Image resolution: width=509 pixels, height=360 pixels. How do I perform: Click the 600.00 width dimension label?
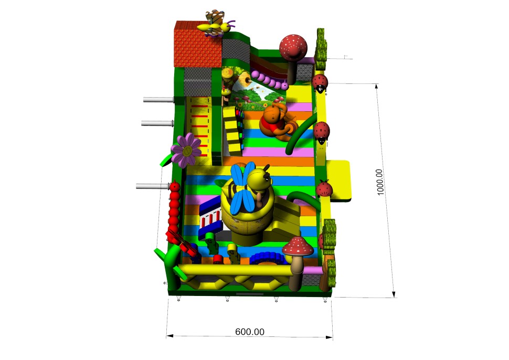[x=250, y=332]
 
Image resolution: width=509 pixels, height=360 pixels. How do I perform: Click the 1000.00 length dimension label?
[x=380, y=182]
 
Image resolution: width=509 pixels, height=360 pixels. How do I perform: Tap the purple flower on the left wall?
[x=186, y=150]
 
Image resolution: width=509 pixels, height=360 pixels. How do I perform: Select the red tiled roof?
[x=198, y=44]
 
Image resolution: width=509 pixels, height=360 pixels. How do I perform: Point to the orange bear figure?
[x=276, y=122]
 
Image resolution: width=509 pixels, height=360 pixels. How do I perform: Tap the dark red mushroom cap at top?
[x=293, y=47]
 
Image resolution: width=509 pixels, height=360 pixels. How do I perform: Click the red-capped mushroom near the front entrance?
[x=298, y=263]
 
